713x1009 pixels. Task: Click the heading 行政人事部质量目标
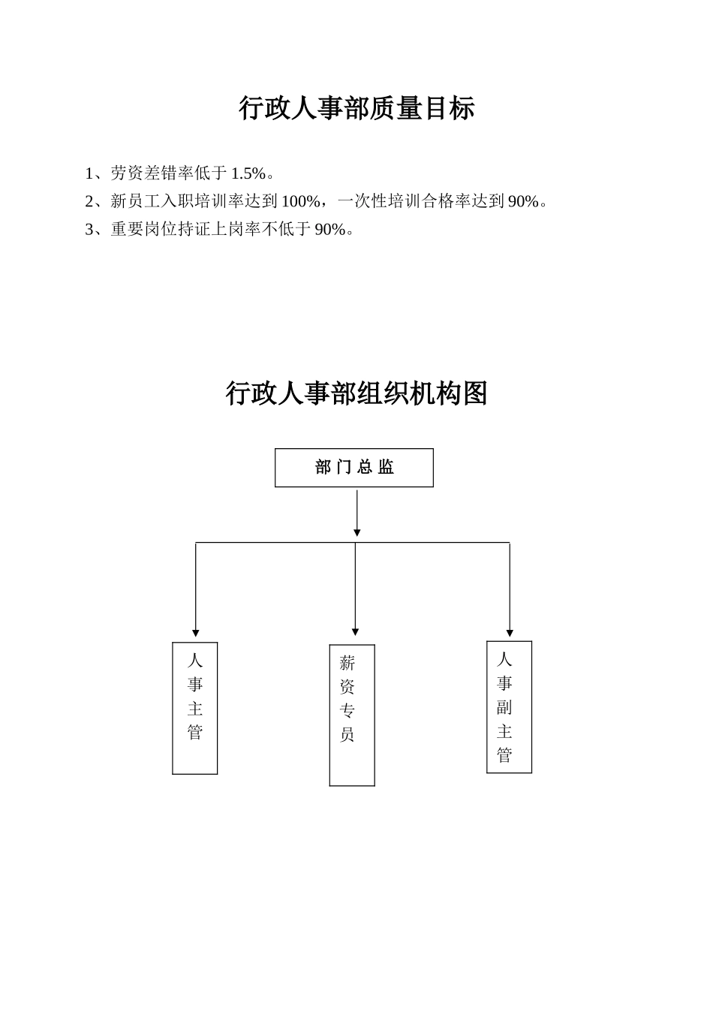tap(356, 108)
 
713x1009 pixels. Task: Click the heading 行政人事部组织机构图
tap(356, 393)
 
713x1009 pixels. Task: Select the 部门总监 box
tap(354, 468)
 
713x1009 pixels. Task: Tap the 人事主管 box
tap(195, 708)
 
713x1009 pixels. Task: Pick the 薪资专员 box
tap(352, 715)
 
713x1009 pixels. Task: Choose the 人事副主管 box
tap(509, 706)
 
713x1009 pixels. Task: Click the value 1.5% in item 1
tap(248, 174)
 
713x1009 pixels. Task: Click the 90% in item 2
tap(523, 201)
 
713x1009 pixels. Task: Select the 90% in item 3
tap(330, 229)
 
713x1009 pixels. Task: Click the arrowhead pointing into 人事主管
tap(196, 633)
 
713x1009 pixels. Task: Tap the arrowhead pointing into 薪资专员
tap(355, 632)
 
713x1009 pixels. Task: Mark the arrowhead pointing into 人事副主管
tap(510, 633)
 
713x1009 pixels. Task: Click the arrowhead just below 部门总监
tap(357, 532)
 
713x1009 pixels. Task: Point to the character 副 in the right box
tap(504, 707)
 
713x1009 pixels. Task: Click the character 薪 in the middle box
tap(347, 663)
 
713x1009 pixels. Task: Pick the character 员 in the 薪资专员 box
tap(347, 734)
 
